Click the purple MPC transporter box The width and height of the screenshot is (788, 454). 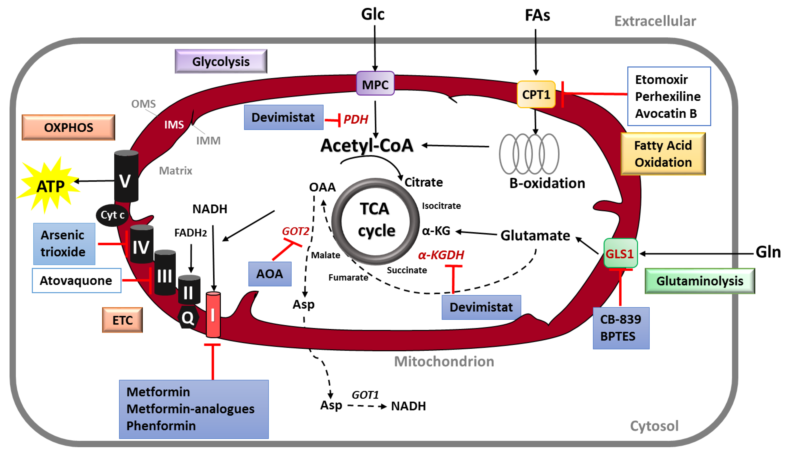coord(375,84)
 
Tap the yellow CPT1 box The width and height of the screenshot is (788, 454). coord(536,94)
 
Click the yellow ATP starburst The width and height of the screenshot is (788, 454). coord(50,186)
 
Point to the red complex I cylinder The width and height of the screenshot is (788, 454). coord(213,315)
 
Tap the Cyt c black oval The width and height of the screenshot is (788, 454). coord(112,215)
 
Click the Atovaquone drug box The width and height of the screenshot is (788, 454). coord(76,281)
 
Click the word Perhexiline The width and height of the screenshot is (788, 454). coord(667,96)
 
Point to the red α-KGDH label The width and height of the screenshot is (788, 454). coord(441,255)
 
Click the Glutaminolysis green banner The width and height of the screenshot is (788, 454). coord(699,281)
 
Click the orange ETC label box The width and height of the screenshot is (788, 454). coord(122,320)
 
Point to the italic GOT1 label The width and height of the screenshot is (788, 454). coord(365,395)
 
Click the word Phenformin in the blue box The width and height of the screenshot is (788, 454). coord(161,426)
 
